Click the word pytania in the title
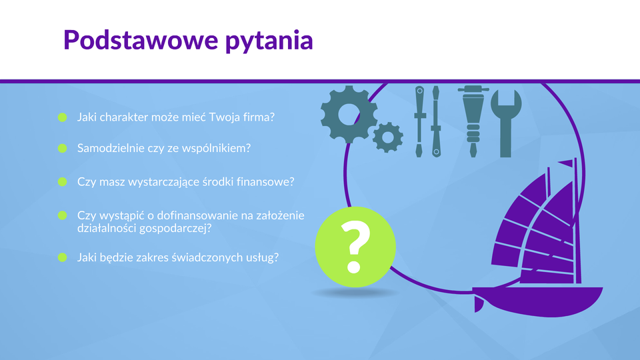click(269, 41)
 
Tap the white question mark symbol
click(355, 247)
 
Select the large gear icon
click(349, 114)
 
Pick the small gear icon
click(388, 137)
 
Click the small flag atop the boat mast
click(566, 163)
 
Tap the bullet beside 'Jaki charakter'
click(63, 117)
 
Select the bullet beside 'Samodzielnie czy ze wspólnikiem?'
click(63, 148)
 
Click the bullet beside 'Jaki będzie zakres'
click(63, 257)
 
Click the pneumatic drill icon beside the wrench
click(473, 121)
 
